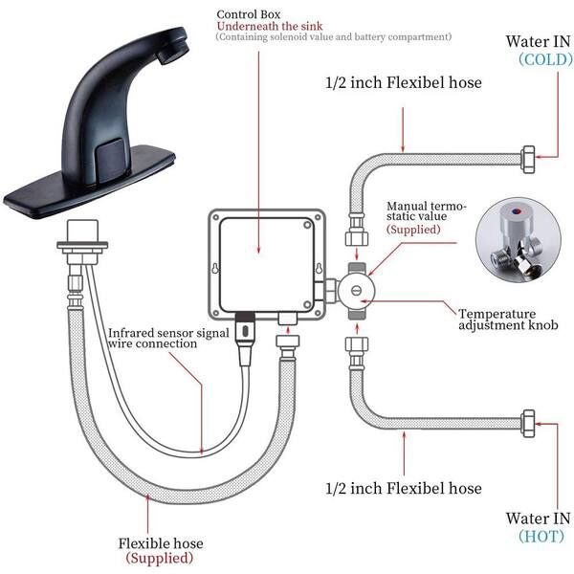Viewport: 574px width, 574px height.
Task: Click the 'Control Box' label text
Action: pos(248,14)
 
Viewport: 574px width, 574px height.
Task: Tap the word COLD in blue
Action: pos(545,59)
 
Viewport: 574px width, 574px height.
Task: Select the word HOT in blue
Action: pos(541,537)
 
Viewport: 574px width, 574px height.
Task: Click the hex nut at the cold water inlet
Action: pos(527,159)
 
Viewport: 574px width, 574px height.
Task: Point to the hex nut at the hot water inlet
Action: pos(527,423)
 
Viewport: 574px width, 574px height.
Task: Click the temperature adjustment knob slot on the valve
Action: pos(356,291)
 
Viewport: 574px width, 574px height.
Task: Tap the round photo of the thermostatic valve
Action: pos(518,240)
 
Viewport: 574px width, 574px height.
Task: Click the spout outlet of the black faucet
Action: pos(173,53)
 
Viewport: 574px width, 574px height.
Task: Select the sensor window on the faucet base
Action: pos(111,160)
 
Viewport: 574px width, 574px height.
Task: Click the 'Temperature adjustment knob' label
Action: pos(508,320)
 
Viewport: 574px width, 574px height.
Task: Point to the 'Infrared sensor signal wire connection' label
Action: pos(168,338)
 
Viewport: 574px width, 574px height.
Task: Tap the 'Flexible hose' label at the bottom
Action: pos(161,542)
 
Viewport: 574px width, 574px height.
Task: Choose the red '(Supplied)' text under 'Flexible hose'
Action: pos(160,559)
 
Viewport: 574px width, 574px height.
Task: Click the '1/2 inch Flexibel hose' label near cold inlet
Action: pos(404,82)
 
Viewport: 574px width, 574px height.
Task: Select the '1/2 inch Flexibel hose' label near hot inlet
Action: pos(404,488)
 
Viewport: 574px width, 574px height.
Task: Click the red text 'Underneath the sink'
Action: pos(270,26)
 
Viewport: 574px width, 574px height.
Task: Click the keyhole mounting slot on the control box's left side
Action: pos(215,268)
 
